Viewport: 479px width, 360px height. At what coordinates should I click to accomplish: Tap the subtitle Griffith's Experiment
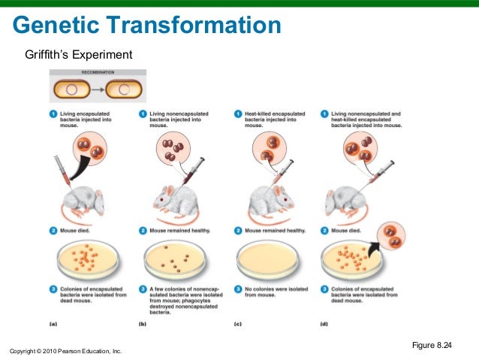pos(78,56)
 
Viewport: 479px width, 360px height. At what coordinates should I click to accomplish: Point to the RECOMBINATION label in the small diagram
pos(98,73)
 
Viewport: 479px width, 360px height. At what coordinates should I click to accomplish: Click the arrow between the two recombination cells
pos(98,90)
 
